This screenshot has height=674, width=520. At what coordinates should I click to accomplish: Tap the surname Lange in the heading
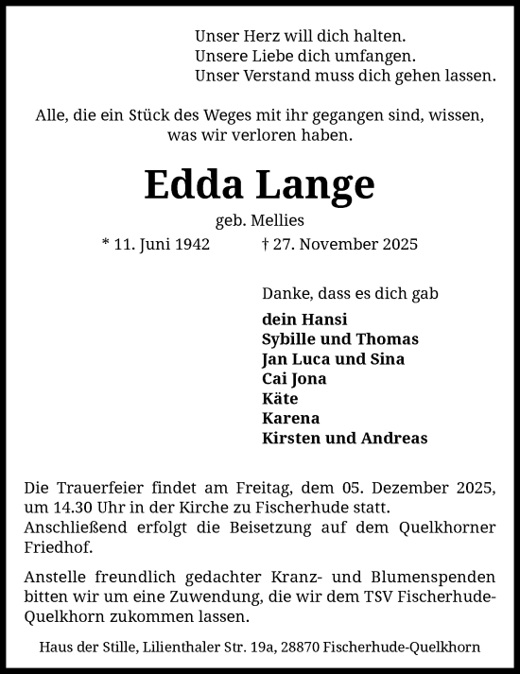coord(314,187)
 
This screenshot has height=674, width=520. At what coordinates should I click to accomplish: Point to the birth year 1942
coord(189,244)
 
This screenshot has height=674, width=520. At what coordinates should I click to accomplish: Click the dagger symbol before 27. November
coord(264,244)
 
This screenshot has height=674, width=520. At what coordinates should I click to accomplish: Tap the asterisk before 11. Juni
coord(105,243)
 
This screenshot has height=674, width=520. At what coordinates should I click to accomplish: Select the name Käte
coord(280,399)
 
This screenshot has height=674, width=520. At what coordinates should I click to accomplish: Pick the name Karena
coord(290,419)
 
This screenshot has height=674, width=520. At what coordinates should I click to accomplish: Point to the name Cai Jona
coord(294,379)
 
